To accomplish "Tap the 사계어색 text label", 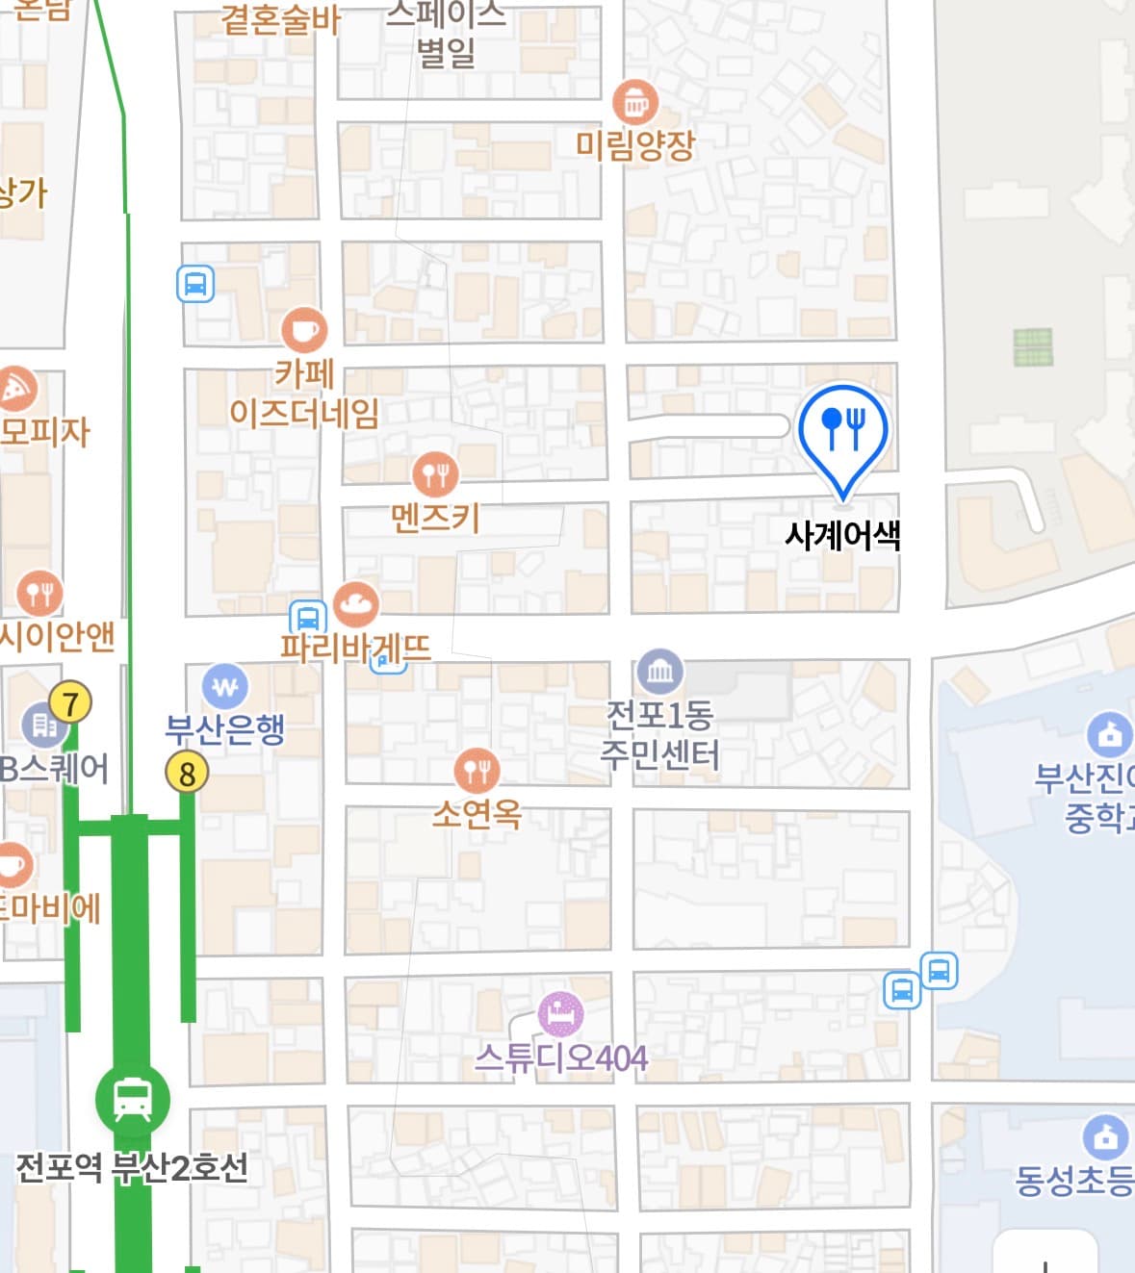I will point(843,535).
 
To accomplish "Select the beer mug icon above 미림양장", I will point(635,102).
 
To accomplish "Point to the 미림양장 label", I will point(635,146).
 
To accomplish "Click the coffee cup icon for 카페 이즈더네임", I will point(304,331).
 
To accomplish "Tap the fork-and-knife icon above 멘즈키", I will point(435,473).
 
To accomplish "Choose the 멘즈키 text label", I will point(435,519).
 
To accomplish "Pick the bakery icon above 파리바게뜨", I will point(356,604).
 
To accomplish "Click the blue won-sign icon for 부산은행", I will point(225,687).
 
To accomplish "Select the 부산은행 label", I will point(225,729).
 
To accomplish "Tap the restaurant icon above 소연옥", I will point(477,771).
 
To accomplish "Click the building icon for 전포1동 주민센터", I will point(659,671).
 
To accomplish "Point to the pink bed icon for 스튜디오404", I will point(560,1013).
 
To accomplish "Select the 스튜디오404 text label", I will point(561,1058).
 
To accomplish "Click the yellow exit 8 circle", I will point(187,773).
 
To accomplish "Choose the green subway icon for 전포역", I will point(132,1099).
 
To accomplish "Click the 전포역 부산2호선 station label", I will point(132,1168).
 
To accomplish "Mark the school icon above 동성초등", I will point(1106,1137).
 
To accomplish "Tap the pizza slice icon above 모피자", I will point(15,390).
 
